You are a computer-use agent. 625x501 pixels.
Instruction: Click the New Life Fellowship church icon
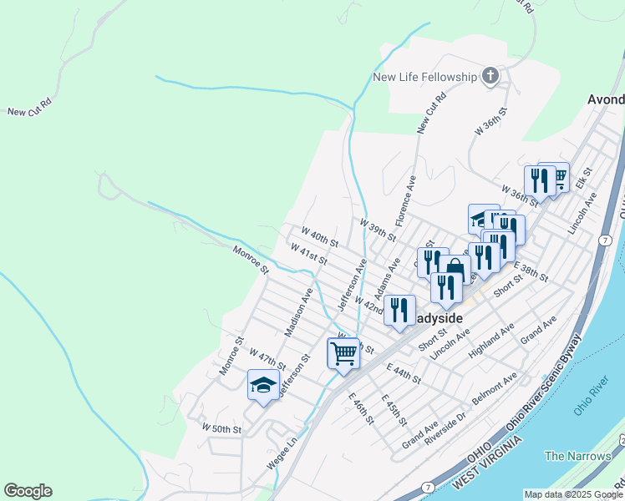[x=490, y=78]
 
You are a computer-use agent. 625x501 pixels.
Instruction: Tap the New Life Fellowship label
[x=424, y=78]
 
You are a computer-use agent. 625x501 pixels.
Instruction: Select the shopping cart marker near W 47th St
[x=344, y=353]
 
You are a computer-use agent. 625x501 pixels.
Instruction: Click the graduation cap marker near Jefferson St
[x=263, y=385]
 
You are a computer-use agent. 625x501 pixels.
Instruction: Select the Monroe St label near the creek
[x=251, y=259]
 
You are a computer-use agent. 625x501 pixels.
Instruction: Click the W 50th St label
[x=221, y=428]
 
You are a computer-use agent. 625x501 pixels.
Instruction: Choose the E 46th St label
[x=361, y=407]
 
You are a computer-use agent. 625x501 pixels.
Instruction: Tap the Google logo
[x=28, y=491]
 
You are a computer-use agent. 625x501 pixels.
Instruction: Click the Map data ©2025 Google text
[x=573, y=494]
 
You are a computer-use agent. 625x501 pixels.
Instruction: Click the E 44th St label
[x=405, y=372]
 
